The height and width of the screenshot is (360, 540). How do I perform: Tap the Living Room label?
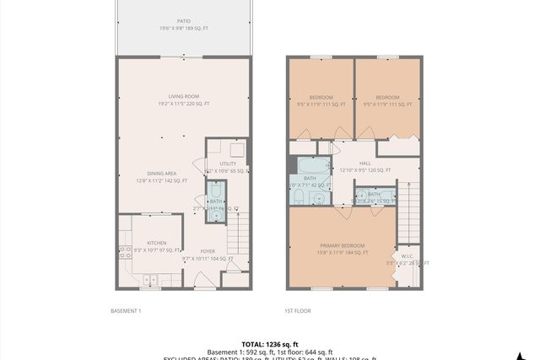pos(183,96)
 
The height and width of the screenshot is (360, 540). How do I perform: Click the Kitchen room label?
pos(146,243)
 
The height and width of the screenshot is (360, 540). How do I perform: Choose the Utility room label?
pos(228,164)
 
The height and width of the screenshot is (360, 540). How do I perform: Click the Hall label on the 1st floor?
pos(364,164)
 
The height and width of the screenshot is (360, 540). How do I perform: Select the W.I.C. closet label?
pos(407,256)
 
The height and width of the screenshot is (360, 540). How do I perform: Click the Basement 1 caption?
pos(127,311)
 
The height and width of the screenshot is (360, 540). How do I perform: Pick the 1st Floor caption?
pos(297,311)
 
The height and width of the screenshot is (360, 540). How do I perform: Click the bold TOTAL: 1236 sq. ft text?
pos(269,344)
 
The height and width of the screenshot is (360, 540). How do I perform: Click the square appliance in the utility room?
pos(238,149)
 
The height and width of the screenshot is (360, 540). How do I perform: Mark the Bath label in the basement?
pos(216,201)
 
